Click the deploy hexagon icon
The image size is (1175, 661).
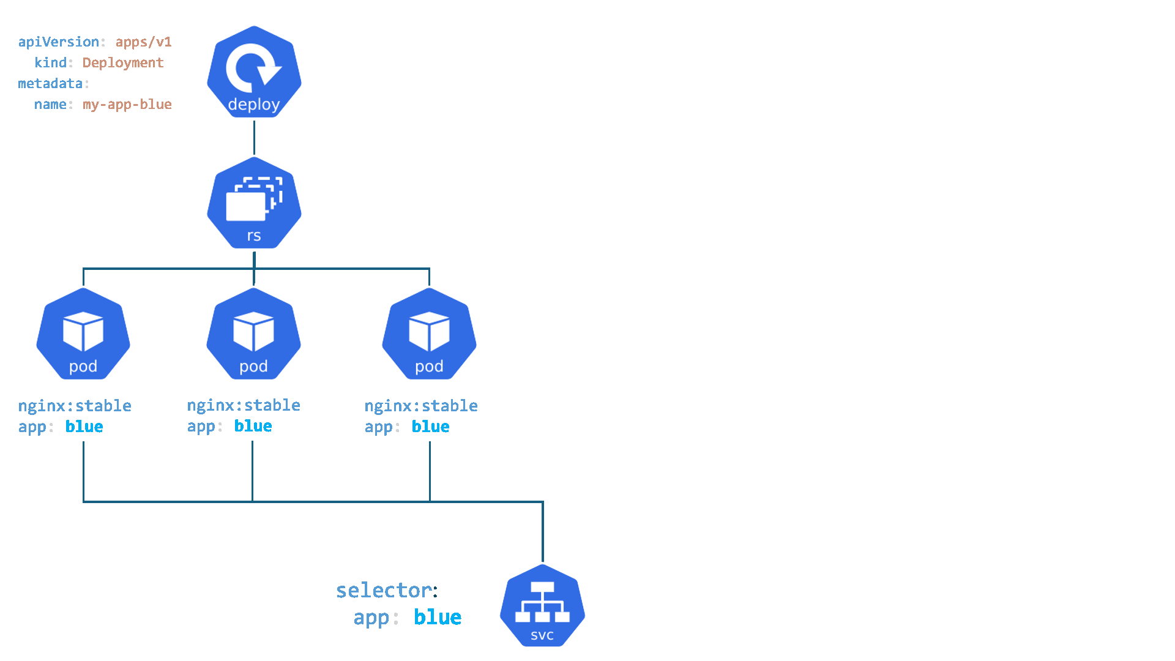coord(254,72)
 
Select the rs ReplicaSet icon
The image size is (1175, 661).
coord(254,203)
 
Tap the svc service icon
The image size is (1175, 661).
coord(542,605)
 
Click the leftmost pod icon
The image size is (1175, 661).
coord(83,334)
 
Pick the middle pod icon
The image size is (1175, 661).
coord(253,334)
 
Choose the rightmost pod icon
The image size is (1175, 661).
coord(429,334)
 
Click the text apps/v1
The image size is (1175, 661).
coord(143,42)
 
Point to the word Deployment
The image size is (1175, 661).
coord(123,62)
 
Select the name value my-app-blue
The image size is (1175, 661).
coord(127,104)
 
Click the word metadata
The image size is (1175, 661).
coord(50,83)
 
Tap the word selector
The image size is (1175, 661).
coord(384,590)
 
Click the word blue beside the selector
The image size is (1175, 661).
coord(438,617)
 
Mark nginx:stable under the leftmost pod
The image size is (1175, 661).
coord(75,406)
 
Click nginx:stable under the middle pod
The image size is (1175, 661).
coord(244,405)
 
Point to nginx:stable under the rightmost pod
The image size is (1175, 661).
coord(421,406)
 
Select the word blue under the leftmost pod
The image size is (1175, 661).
coord(84,427)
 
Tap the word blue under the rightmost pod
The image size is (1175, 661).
coord(430,427)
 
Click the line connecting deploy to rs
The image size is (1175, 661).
coord(254,137)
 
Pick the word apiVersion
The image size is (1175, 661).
coord(59,42)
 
